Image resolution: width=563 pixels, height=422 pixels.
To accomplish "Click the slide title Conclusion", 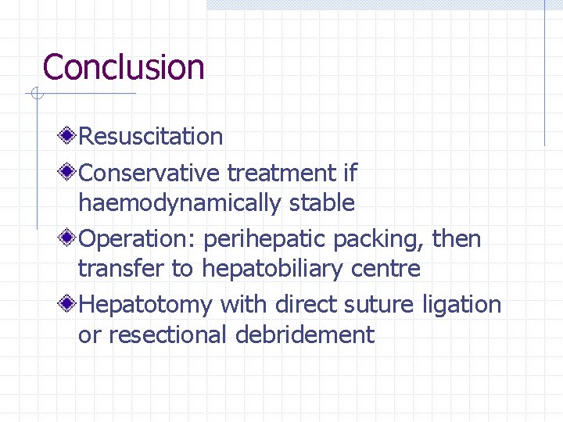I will tap(124, 67).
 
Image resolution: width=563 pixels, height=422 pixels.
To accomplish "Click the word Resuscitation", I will tap(151, 137).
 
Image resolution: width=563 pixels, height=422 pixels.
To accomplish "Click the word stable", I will tap(322, 203).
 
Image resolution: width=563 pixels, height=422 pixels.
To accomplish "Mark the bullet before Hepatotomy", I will tap(70, 303).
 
